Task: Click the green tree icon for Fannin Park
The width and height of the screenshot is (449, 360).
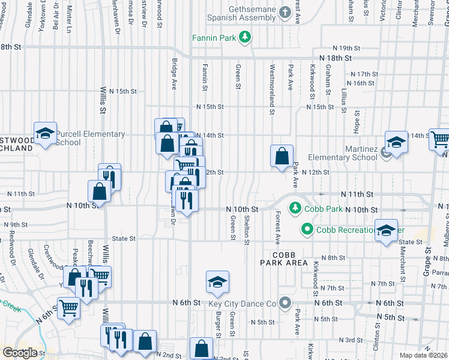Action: tap(245, 38)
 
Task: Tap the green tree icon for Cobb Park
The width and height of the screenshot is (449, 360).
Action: tap(295, 208)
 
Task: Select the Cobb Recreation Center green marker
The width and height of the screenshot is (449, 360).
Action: tap(307, 229)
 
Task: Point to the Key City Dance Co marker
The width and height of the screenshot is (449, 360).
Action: tap(285, 304)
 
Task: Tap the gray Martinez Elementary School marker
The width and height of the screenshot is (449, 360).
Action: tap(387, 153)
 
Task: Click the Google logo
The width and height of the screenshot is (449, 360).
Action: tap(20, 353)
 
